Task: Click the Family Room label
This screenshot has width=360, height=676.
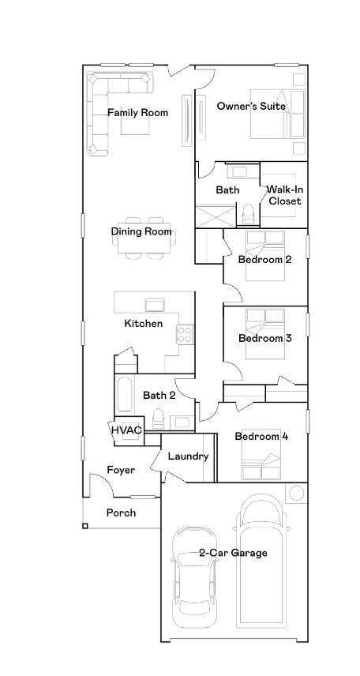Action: click(x=137, y=113)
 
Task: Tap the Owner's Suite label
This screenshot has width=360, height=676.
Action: click(x=251, y=106)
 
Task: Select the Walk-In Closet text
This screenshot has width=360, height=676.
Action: click(x=283, y=195)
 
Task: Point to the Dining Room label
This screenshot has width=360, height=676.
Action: click(x=141, y=231)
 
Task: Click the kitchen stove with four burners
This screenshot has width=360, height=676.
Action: click(x=186, y=334)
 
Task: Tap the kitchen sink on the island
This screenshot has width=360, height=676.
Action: click(x=155, y=304)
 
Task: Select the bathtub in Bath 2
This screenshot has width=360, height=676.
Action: click(x=125, y=396)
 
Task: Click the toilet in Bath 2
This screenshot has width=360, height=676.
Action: click(x=158, y=420)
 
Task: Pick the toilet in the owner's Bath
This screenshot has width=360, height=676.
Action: click(x=249, y=214)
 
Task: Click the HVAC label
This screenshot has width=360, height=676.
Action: click(x=125, y=430)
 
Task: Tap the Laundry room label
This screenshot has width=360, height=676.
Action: click(x=189, y=456)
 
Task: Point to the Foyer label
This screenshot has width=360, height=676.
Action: click(x=121, y=470)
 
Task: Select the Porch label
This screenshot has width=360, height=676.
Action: click(x=121, y=513)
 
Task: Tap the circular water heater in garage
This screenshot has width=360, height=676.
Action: click(x=297, y=494)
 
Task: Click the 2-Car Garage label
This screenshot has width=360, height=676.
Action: click(x=233, y=553)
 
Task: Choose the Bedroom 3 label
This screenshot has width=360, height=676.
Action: click(x=265, y=339)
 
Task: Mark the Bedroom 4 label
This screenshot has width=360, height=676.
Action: click(x=261, y=436)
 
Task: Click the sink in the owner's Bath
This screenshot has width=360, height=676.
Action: click(x=237, y=171)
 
